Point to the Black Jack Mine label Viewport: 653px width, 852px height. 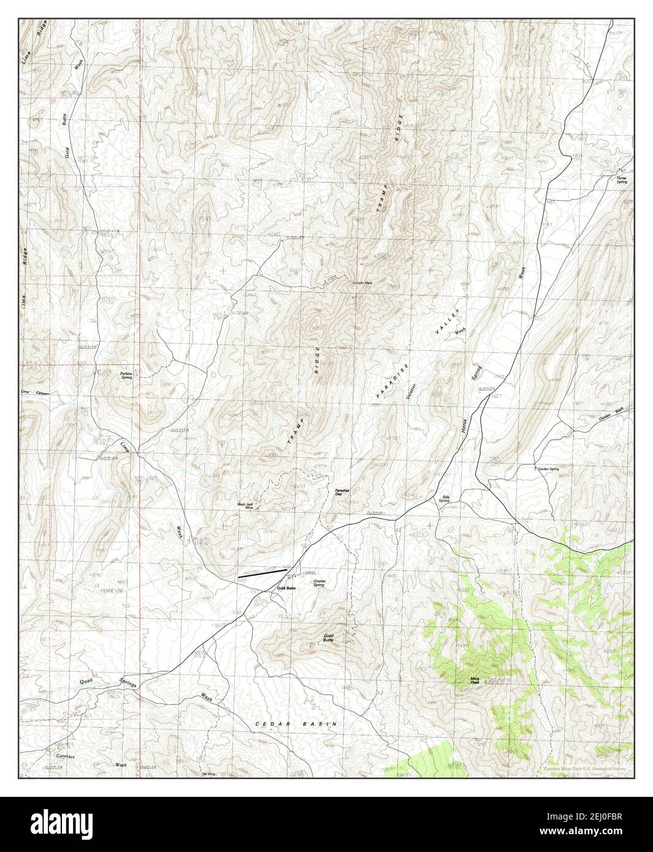(246, 506)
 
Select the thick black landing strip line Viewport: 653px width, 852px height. (262, 574)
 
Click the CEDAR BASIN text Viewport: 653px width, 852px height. (296, 724)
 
